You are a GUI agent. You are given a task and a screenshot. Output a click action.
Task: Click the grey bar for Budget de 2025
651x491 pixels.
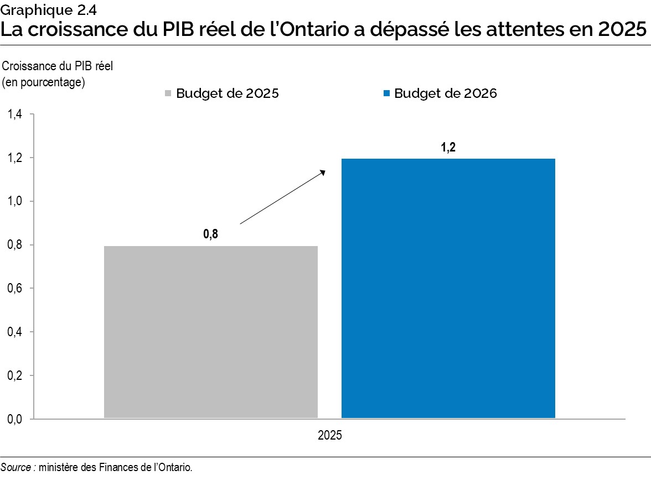[x=210, y=332]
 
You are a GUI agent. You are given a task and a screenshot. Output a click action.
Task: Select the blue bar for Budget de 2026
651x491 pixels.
[x=448, y=288]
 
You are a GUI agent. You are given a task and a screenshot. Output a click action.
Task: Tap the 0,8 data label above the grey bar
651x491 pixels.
[x=211, y=234]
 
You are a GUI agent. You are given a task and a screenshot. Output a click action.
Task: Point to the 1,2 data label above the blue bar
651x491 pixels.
[x=448, y=148]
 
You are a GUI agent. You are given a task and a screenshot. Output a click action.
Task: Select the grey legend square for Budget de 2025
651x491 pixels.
[x=169, y=94]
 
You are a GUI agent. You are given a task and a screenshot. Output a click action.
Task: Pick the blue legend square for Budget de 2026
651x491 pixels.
[x=387, y=94]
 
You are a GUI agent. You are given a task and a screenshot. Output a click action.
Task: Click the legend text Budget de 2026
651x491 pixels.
[x=446, y=93]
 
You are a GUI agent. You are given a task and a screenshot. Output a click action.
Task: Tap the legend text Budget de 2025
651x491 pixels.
[x=228, y=93]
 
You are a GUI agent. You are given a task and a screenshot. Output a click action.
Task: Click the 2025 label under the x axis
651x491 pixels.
[x=329, y=435]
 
